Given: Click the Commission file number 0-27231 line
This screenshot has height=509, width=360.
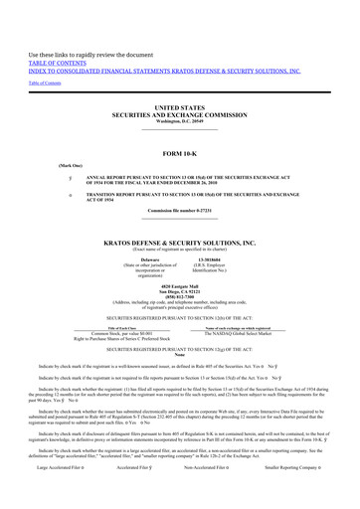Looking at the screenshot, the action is (180, 211).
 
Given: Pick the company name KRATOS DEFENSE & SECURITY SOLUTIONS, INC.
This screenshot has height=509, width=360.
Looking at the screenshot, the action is (180, 242).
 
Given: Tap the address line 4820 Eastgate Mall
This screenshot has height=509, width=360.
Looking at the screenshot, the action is (180, 287).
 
